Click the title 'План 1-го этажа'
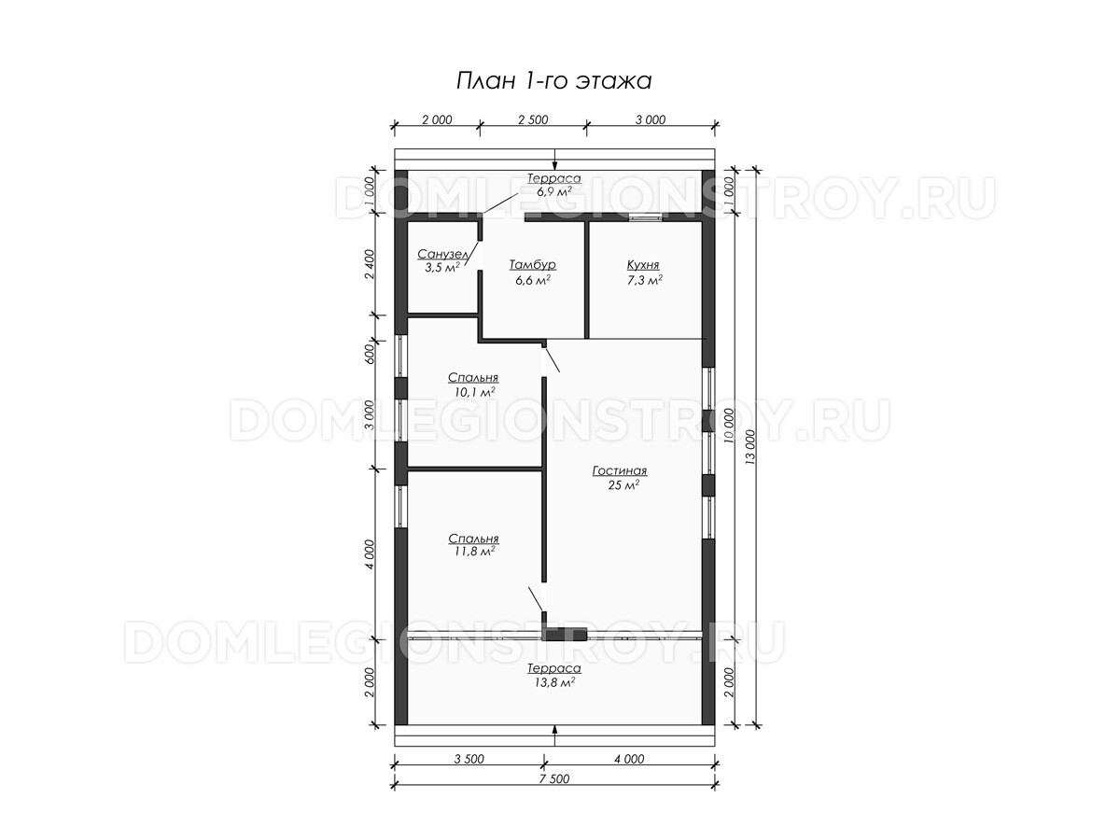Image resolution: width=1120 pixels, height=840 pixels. click(x=553, y=81)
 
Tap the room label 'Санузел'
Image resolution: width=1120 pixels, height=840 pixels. click(x=442, y=254)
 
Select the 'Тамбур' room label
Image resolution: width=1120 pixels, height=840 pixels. click(x=533, y=265)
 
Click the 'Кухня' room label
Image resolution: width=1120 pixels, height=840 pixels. click(x=643, y=265)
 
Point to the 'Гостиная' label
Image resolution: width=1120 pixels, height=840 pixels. click(x=620, y=470)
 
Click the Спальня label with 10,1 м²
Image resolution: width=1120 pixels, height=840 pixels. click(x=473, y=377)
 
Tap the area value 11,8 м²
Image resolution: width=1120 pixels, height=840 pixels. click(x=474, y=552)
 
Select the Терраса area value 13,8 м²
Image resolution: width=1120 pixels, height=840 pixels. click(x=554, y=682)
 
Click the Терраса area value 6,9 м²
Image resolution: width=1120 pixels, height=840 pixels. click(x=553, y=191)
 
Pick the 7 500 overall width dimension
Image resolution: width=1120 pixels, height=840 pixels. click(x=554, y=778)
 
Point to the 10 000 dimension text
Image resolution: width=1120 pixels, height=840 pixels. click(x=729, y=427)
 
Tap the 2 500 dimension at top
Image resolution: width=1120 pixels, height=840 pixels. click(x=533, y=119)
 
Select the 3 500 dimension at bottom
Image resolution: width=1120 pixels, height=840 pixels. click(x=469, y=759)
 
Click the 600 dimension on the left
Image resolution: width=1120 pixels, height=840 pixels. click(x=370, y=354)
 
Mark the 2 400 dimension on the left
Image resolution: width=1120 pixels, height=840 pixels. click(x=370, y=264)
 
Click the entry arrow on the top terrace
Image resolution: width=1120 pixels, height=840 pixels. click(x=555, y=161)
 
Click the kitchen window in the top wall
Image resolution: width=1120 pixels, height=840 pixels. click(x=646, y=217)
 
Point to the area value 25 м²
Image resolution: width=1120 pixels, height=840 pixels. click(x=623, y=485)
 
